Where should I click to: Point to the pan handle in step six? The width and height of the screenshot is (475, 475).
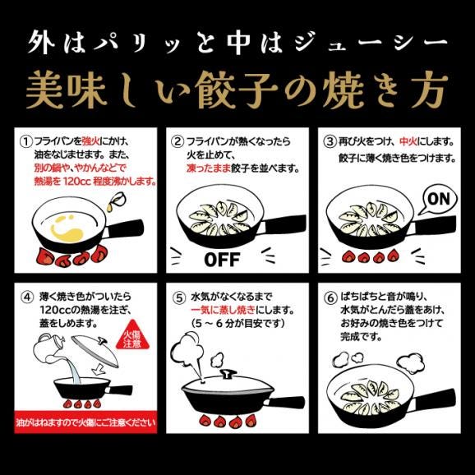pyautogui.click(x=436, y=394)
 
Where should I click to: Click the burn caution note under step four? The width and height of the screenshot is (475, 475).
pyautogui.click(x=82, y=422)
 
